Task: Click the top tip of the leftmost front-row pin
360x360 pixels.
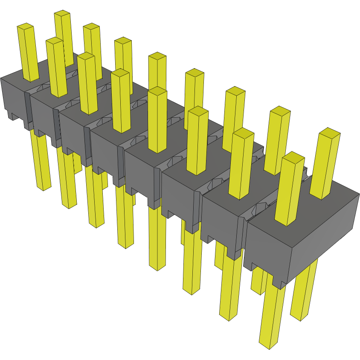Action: [x=25, y=27]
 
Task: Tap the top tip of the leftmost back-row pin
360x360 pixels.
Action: [x=62, y=14]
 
